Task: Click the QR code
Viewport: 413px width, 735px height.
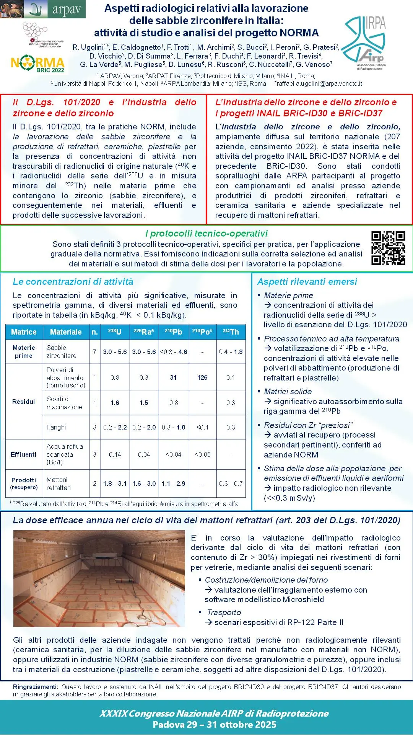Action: [x=388, y=248]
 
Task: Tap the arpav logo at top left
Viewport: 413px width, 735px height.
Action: [x=43, y=9]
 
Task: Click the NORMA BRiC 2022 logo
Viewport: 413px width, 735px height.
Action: [x=37, y=64]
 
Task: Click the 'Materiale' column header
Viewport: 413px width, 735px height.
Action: [x=66, y=332]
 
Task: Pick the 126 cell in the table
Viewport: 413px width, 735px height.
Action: [x=202, y=377]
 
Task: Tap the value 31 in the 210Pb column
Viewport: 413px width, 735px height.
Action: [x=173, y=377]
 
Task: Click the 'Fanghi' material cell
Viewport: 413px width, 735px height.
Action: [x=56, y=427]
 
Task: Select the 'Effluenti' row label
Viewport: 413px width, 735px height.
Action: [x=24, y=454]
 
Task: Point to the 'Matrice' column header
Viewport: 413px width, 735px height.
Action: [x=24, y=332]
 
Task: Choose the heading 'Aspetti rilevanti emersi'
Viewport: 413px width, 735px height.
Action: [x=307, y=282]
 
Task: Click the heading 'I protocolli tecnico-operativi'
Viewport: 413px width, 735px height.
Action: [x=206, y=234]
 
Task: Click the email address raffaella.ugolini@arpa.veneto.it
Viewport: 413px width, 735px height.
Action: [x=319, y=83]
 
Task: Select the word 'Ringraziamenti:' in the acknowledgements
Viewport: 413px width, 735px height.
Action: [x=36, y=687]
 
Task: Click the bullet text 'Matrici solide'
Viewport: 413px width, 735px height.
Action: [x=288, y=392]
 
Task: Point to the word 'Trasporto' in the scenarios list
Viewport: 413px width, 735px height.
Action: [x=224, y=612]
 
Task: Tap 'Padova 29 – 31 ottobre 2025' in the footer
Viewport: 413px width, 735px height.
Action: [x=214, y=725]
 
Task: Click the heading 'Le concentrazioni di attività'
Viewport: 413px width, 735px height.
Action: [x=73, y=282]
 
